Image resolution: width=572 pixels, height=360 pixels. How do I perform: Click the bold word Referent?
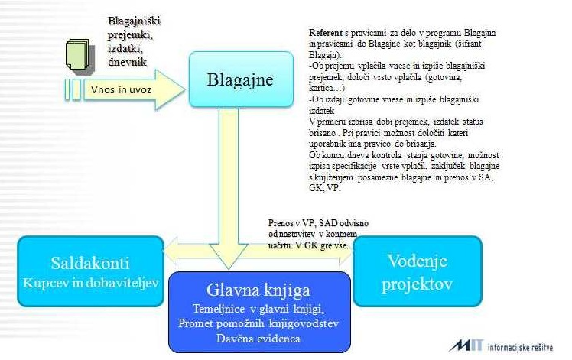[x=325, y=34]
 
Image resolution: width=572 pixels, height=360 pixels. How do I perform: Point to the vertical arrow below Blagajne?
[x=236, y=176]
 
